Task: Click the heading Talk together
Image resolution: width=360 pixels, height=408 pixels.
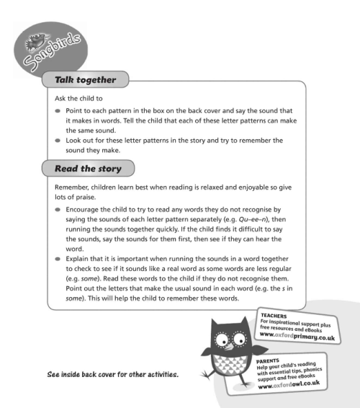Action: point(86,79)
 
